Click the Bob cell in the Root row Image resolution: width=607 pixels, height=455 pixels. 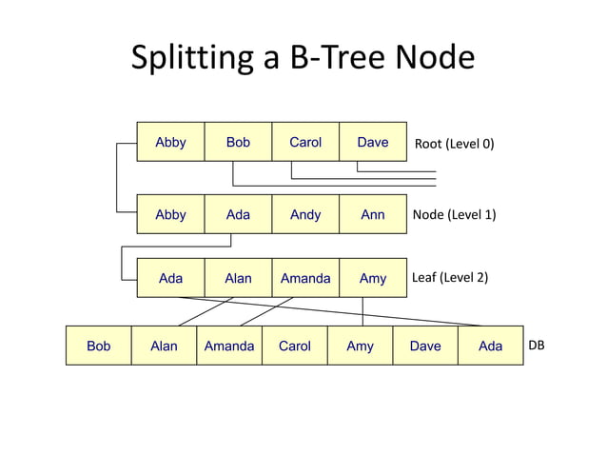[238, 143]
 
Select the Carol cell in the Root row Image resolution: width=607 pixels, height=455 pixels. [305, 143]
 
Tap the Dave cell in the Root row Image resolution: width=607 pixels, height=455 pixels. [372, 143]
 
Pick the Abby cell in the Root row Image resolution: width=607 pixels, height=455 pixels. [171, 143]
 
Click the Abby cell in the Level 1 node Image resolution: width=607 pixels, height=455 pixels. [171, 215]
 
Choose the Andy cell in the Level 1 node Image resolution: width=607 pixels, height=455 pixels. [305, 215]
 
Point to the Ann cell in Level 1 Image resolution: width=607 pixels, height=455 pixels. [372, 215]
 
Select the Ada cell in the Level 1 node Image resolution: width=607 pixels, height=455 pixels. [238, 215]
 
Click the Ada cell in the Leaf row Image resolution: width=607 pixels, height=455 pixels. [171, 278]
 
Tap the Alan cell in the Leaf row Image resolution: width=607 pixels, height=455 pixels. [238, 278]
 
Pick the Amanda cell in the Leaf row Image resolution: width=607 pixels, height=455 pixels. [305, 278]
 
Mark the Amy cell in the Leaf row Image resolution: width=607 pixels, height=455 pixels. [372, 278]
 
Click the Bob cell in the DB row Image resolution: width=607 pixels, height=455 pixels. [99, 346]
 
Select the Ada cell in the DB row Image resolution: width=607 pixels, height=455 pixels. [490, 346]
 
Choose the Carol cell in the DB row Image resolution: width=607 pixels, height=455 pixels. [294, 346]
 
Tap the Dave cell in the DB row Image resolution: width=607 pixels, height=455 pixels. [425, 346]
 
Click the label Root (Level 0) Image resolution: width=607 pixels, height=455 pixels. [455, 145]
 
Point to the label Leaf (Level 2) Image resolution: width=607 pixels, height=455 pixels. [450, 278]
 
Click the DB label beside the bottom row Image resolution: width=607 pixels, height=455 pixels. [537, 346]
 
